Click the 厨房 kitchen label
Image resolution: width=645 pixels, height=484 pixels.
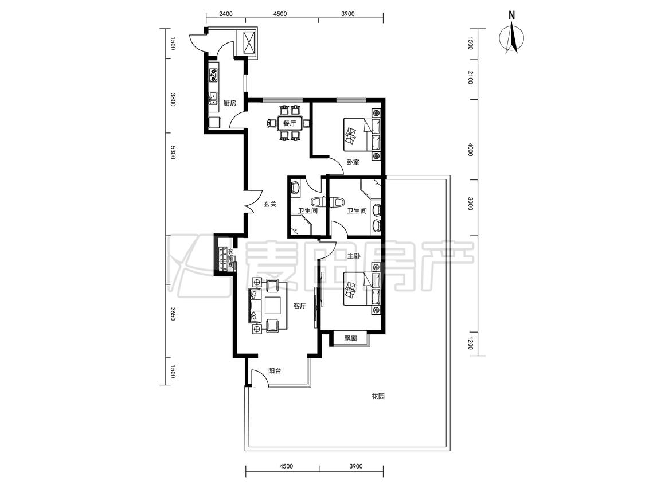[x=230, y=103]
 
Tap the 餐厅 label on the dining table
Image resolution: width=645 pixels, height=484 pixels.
[x=290, y=123]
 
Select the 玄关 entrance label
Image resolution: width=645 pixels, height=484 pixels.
[x=270, y=204]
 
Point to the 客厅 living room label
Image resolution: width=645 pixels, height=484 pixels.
[x=299, y=306]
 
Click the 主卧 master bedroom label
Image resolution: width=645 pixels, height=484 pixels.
[x=354, y=256]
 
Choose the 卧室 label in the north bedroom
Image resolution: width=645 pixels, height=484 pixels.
[x=353, y=162]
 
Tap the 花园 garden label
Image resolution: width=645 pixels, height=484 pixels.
[x=378, y=397]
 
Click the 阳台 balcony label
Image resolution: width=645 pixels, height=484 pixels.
[x=275, y=371]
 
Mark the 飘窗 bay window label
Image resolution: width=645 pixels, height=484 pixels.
[x=350, y=339]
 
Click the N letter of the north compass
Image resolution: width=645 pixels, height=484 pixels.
[x=512, y=15]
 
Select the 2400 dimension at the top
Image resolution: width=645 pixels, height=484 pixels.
[x=226, y=14]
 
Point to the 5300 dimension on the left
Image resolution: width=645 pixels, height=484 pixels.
[x=173, y=153]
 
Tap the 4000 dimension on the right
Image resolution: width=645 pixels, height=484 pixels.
[x=471, y=149]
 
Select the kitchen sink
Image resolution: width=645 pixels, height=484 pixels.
[x=213, y=99]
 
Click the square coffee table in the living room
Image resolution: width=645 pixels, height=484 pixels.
[x=273, y=306]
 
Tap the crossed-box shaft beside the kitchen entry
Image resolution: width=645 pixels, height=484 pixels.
[x=250, y=42]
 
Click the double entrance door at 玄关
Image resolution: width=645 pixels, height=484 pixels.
[x=252, y=202]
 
